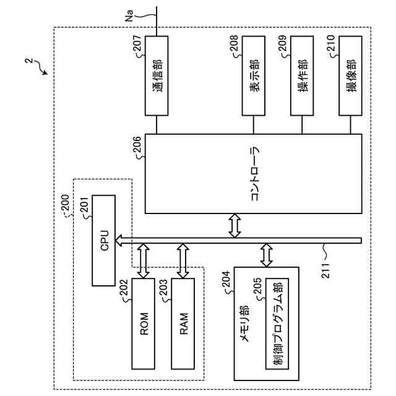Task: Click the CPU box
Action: [x=104, y=240]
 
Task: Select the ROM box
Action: [x=143, y=324]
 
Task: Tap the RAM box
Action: [x=183, y=324]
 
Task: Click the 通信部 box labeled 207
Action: [x=157, y=75]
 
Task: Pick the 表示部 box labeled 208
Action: [x=254, y=75]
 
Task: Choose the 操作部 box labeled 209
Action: [x=302, y=75]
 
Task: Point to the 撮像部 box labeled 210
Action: [x=350, y=75]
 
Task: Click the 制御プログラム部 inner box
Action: [x=277, y=324]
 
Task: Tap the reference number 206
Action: [x=137, y=144]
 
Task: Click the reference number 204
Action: [x=226, y=279]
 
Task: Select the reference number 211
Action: [x=326, y=270]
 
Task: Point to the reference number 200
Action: [x=65, y=202]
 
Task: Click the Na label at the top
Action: [x=129, y=15]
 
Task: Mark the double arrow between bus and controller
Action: [x=235, y=225]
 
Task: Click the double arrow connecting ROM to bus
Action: [x=143, y=261]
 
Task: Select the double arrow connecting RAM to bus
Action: [x=183, y=261]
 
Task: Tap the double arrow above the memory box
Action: [x=267, y=255]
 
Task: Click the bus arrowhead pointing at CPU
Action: [x=119, y=241]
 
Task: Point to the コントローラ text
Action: [x=254, y=174]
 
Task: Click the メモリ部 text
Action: [x=244, y=324]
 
